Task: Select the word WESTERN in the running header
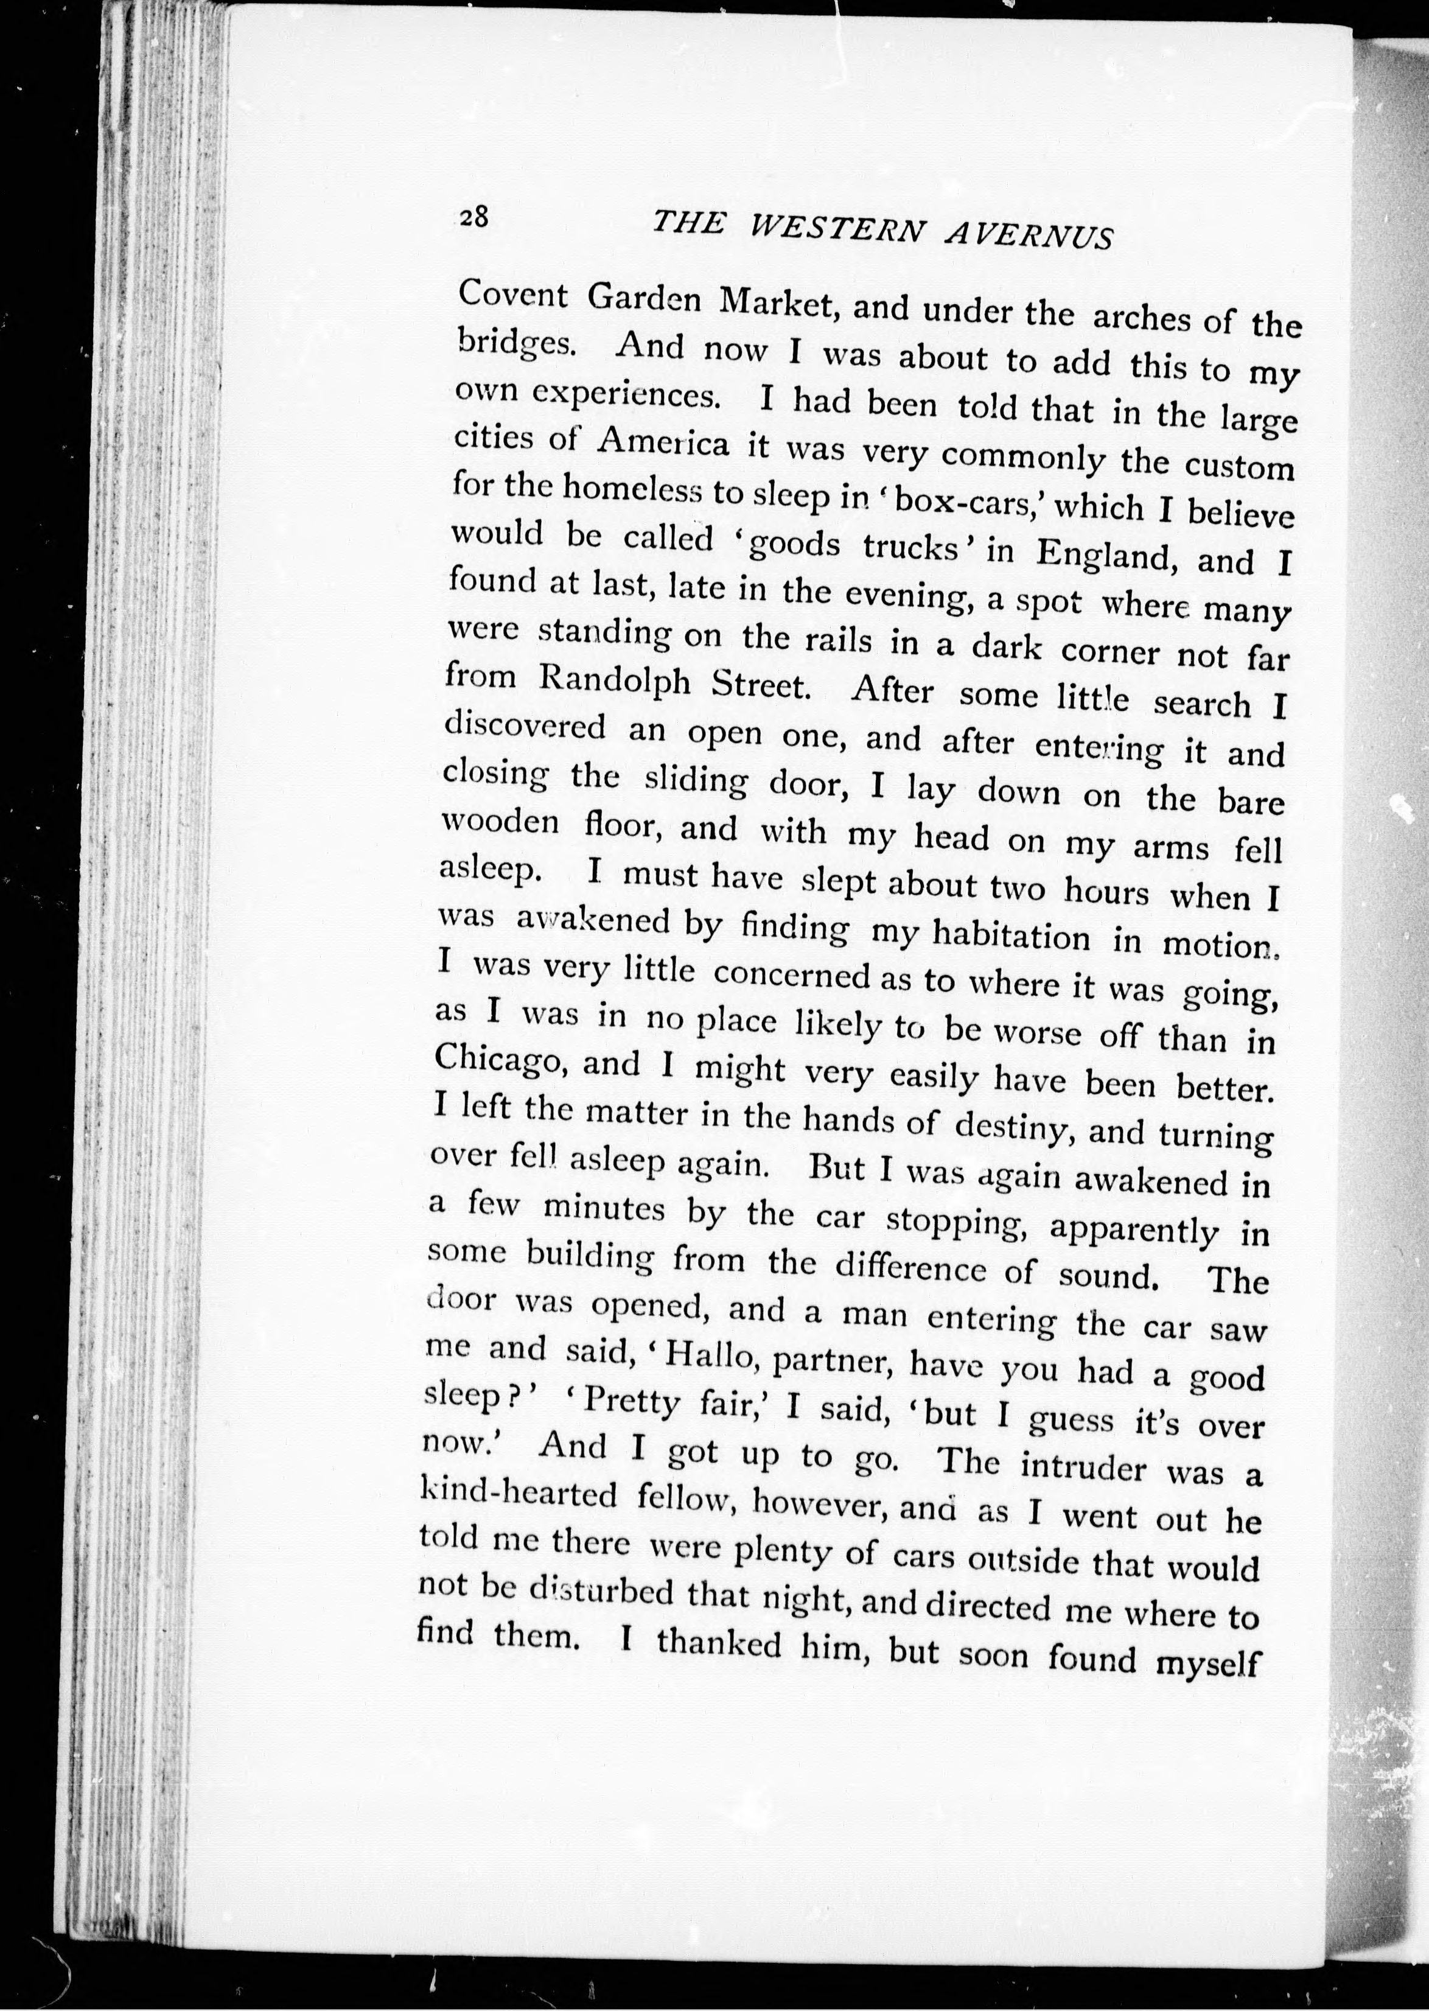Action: (837, 231)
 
